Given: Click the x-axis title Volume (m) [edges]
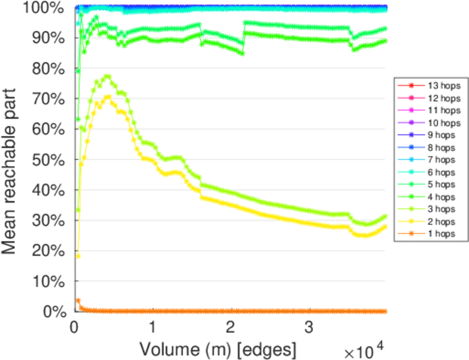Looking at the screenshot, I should pyautogui.click(x=217, y=349).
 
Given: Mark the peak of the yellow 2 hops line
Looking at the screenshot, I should pyautogui.click(x=108, y=97).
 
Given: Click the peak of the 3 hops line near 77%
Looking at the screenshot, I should pyautogui.click(x=107, y=76).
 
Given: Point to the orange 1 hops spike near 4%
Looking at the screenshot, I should pyautogui.click(x=77, y=300).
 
